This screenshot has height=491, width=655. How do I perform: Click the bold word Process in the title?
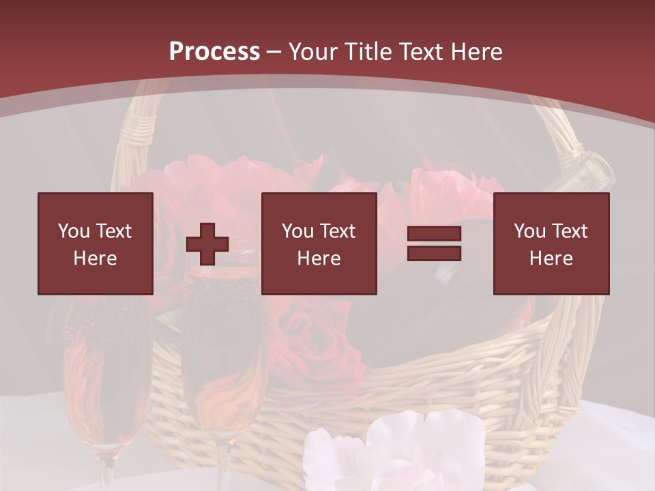(214, 52)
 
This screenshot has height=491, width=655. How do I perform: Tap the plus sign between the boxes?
(207, 244)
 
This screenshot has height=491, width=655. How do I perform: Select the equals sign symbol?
(434, 243)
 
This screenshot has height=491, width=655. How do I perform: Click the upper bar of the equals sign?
(434, 234)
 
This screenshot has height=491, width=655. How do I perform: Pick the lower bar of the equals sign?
(434, 254)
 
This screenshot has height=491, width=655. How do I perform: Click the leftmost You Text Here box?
(96, 243)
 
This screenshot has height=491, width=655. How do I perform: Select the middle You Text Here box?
(319, 243)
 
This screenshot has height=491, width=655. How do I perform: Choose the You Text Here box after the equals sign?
(551, 243)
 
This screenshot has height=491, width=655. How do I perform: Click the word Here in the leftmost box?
(96, 258)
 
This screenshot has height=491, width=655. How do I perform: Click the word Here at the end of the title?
(476, 52)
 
